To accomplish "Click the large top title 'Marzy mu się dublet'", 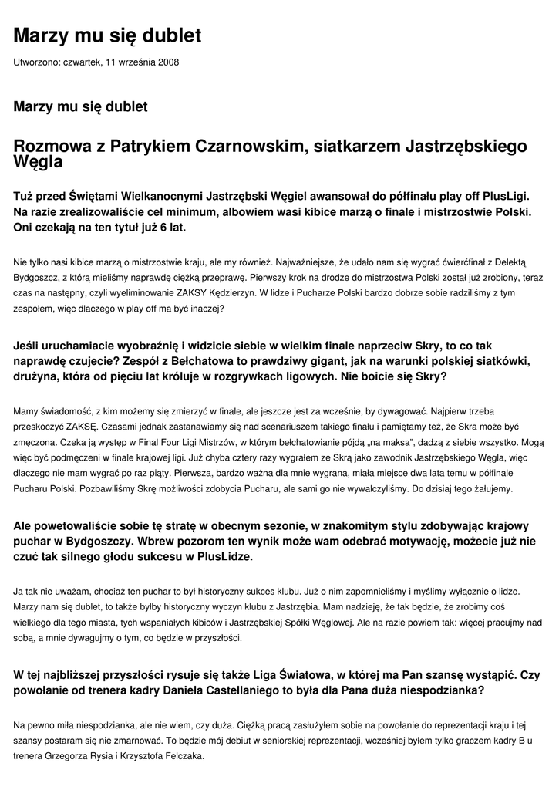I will tap(108, 35).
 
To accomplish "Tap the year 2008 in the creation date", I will tap(169, 62).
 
